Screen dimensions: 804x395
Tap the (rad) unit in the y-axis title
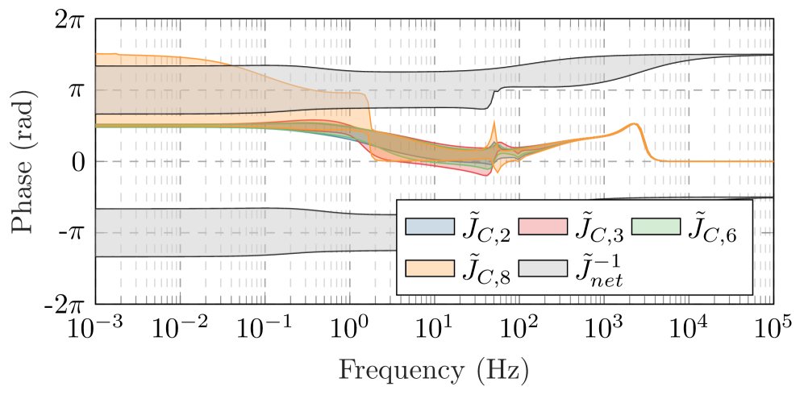[x=23, y=120]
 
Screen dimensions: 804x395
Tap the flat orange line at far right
[x=726, y=161]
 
